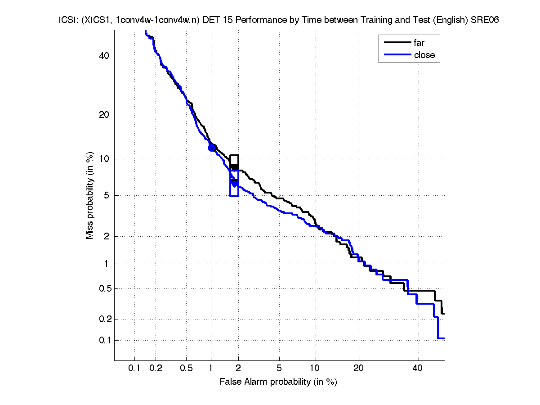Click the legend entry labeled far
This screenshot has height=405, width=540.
419,43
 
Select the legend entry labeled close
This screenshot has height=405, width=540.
424,55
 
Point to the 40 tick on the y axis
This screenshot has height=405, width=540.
104,56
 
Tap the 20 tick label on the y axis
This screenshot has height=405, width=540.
104,115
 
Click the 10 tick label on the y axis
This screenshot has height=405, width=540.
104,159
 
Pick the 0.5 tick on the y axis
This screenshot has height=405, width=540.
102,288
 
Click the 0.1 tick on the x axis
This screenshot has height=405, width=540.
134,368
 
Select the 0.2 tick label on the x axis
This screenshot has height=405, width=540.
156,368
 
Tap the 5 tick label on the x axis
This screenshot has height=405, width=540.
279,368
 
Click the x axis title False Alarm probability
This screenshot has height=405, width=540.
278,382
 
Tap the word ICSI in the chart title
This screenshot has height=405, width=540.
66,20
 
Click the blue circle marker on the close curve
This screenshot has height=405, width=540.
211,148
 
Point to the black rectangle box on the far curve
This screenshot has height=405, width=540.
234,162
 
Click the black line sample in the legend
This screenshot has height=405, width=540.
397,43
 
